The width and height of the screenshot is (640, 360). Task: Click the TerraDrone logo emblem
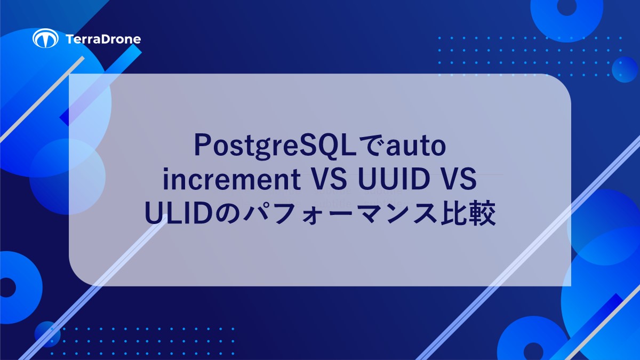(45, 38)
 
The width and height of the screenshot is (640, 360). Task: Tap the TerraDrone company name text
(104, 39)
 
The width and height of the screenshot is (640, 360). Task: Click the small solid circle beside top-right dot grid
(625, 69)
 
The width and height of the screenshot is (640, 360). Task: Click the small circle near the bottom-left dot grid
(47, 334)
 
